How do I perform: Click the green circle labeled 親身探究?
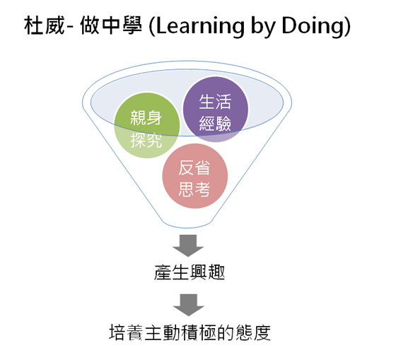coord(147,125)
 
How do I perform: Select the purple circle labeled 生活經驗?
coord(216,110)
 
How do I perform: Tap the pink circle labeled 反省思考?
coord(195,176)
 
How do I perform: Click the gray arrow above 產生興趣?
coord(188,245)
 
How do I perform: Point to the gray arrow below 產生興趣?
coord(188,305)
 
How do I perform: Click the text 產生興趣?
coord(190,272)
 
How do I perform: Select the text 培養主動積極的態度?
coord(190,332)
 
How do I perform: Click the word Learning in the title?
coord(200,26)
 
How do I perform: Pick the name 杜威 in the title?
coord(45,25)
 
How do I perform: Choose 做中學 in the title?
coord(111,25)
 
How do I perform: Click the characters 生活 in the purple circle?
coord(215,102)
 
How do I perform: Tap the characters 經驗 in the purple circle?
coord(215,123)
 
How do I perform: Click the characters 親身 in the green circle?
coord(146,117)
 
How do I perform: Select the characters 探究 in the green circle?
coord(146,140)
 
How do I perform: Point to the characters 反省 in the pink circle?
coord(194,168)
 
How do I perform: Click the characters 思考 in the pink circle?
coord(194,189)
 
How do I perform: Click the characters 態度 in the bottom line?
coord(253,332)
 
